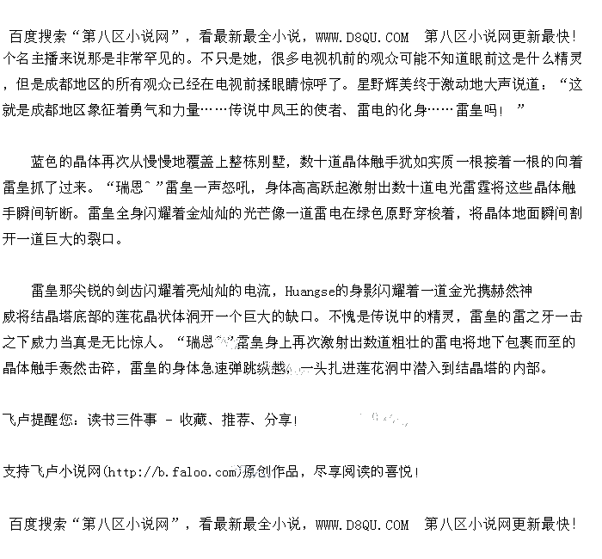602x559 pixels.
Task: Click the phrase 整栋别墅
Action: point(252,162)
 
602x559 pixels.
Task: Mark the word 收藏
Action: point(193,421)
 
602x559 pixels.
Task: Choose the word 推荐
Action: point(236,421)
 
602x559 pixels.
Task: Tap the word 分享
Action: point(278,421)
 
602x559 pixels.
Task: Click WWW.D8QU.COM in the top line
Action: point(362,37)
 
